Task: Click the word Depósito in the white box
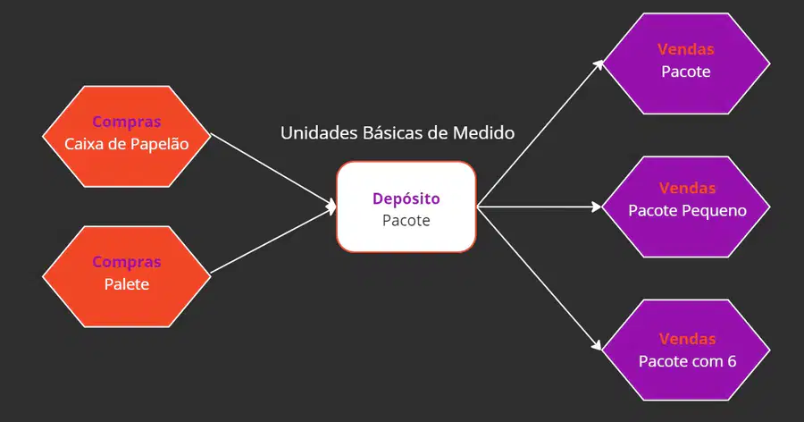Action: click(406, 199)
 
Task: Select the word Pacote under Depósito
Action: click(406, 221)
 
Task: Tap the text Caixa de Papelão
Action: click(127, 144)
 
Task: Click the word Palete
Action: click(127, 284)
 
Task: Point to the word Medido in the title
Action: click(483, 133)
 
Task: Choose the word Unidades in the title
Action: click(319, 133)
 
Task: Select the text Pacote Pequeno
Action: click(687, 211)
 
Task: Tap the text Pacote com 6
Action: click(687, 361)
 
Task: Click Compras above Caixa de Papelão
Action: click(127, 122)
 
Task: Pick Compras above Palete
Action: click(127, 262)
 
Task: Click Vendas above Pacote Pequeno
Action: click(687, 189)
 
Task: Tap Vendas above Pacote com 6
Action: click(687, 340)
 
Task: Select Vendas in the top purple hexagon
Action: click(685, 49)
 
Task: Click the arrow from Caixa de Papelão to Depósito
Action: click(273, 171)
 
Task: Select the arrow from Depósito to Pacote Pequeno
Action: click(539, 207)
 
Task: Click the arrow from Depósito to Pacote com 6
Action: click(539, 279)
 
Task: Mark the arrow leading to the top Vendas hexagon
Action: click(540, 133)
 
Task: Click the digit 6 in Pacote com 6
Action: click(732, 361)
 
